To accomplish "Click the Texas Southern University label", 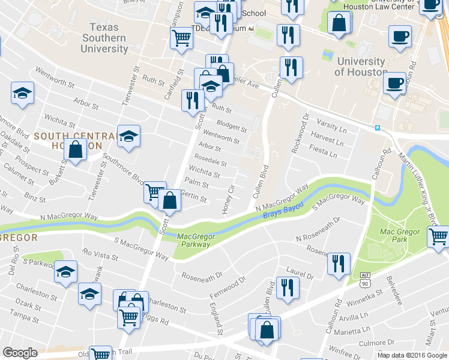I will point(108,38).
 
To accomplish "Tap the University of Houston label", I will point(361,67).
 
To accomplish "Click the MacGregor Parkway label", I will point(194,240).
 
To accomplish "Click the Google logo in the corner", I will point(20,353).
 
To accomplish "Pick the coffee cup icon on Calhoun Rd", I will point(394,82).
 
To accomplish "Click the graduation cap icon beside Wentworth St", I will point(22,93).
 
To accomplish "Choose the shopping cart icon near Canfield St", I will point(181,38).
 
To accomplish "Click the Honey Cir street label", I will point(228,198).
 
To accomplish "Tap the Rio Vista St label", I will point(101,254).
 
